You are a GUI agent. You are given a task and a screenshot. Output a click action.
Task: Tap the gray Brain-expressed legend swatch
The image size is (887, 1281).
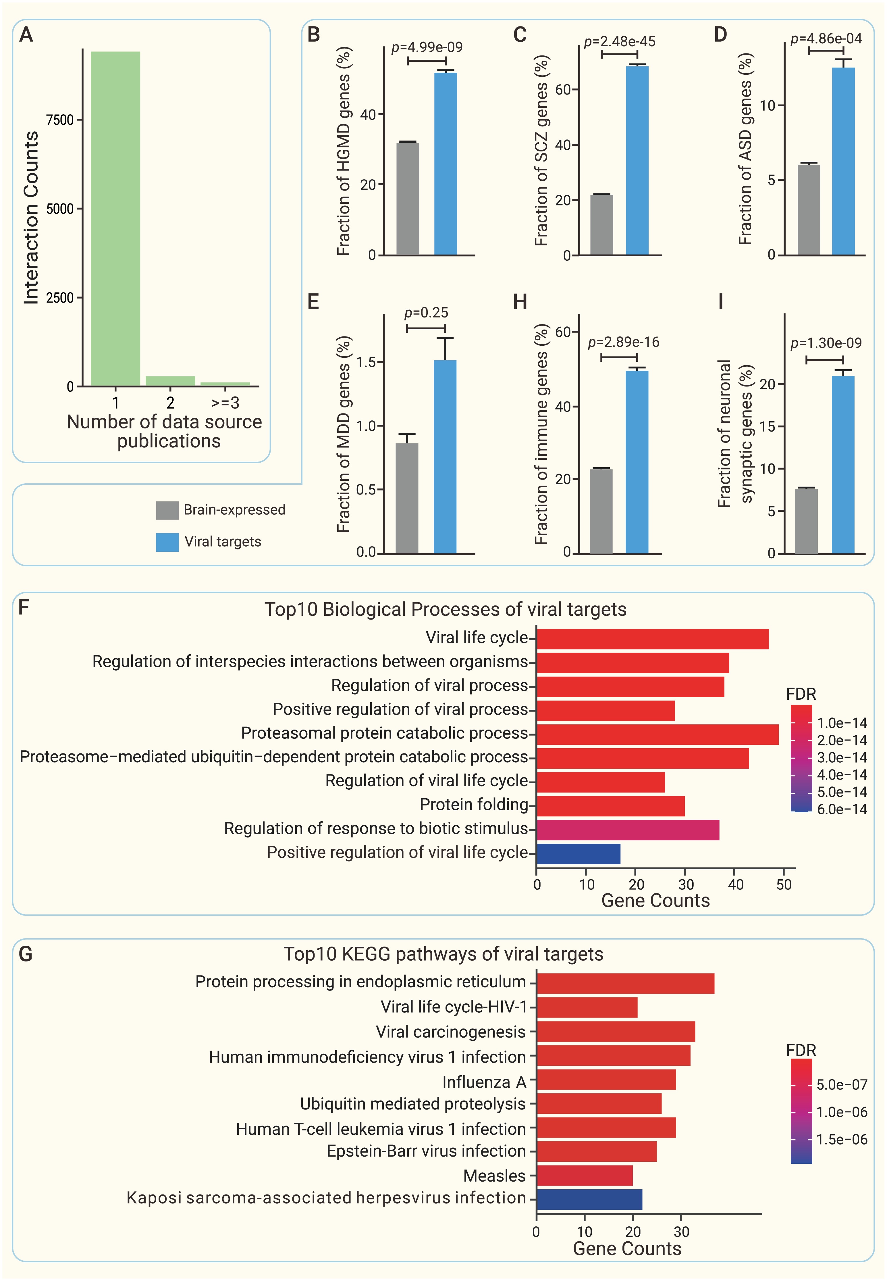[x=167, y=510]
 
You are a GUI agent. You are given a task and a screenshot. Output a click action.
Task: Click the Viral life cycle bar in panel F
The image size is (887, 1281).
[x=652, y=639]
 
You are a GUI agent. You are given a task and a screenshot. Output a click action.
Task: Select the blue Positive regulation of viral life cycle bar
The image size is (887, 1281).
[x=578, y=853]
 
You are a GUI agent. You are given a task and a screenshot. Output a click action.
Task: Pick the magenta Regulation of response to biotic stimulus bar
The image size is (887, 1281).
[x=627, y=830]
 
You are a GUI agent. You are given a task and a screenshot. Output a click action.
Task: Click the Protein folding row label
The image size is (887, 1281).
[x=473, y=805]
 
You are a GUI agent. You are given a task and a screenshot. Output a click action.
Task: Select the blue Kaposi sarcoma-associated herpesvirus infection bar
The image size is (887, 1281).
[x=589, y=1199]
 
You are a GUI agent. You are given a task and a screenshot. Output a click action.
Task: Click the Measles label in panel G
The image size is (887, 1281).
[x=494, y=1176]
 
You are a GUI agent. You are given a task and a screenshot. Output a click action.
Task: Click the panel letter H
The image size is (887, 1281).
[x=520, y=302]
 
